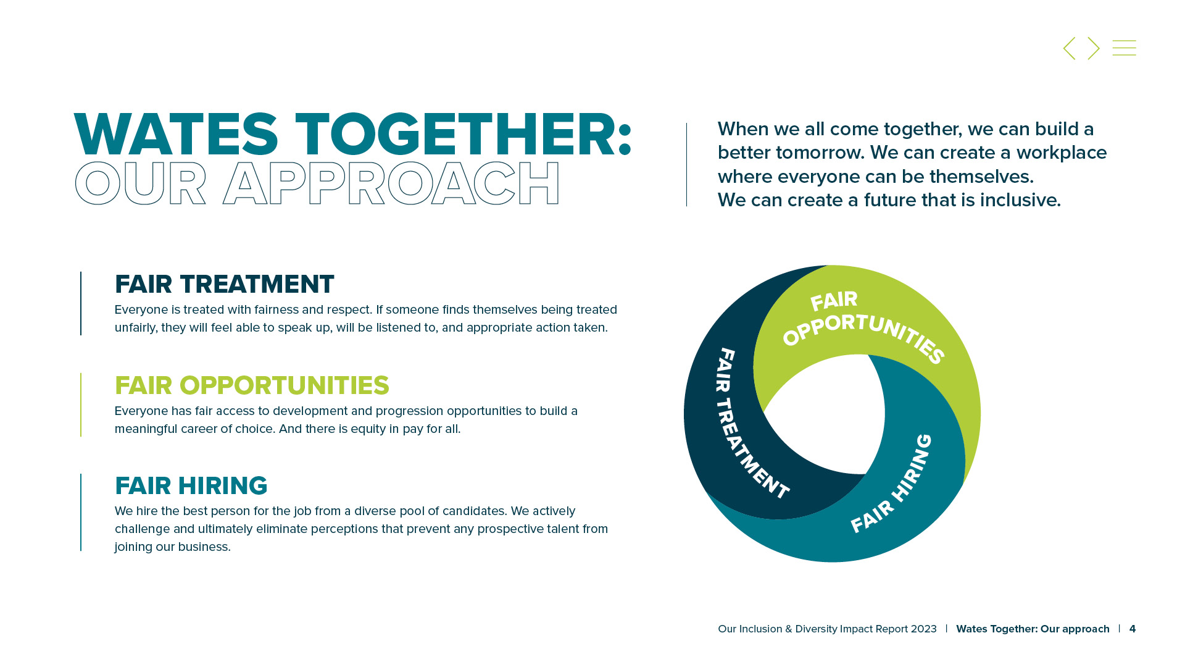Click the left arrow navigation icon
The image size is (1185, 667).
point(1069,48)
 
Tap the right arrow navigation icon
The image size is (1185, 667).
point(1094,48)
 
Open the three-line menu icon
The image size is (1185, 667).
point(1125,48)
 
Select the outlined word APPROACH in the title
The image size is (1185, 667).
point(391,183)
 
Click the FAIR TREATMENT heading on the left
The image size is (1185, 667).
point(225,284)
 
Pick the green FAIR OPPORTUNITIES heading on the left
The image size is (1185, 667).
point(252,385)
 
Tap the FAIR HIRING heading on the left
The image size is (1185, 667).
point(191,486)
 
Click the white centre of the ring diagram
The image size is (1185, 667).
point(824,414)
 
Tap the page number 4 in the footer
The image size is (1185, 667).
point(1133,629)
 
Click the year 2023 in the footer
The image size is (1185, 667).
point(923,629)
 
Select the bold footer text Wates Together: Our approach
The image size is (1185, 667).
point(1033,629)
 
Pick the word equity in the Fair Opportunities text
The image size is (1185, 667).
point(368,429)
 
